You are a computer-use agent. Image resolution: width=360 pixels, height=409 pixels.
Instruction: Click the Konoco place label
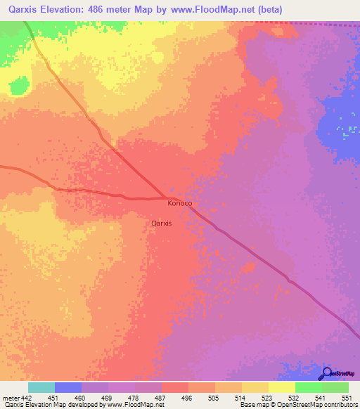pyautogui.click(x=180, y=203)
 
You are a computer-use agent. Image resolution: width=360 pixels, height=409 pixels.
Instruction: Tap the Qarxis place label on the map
pyautogui.click(x=162, y=223)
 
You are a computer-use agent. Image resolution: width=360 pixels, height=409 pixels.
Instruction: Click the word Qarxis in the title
pyautogui.click(x=20, y=10)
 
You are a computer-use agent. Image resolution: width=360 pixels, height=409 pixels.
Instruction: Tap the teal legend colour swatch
pyautogui.click(x=41, y=387)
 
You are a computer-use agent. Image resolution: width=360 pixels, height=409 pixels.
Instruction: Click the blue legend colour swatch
pyautogui.click(x=68, y=387)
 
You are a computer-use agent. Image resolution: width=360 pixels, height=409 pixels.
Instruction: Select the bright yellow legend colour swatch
pyautogui.click(x=281, y=387)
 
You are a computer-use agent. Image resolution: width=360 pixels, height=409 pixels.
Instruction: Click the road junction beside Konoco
pyautogui.click(x=166, y=197)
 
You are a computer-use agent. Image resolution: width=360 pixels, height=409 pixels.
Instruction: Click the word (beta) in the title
pyautogui.click(x=269, y=10)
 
